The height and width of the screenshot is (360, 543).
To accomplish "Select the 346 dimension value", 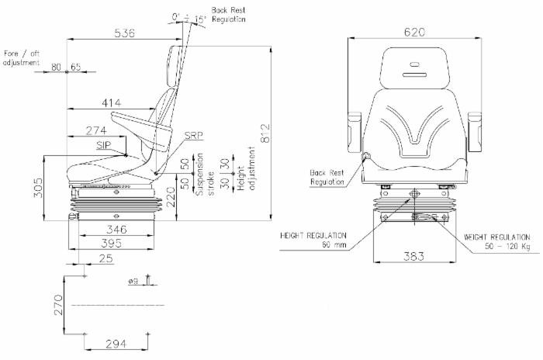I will click(118, 230).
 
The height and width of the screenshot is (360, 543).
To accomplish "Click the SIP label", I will click(102, 145).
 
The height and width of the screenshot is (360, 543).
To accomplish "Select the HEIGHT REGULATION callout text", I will click(313, 240).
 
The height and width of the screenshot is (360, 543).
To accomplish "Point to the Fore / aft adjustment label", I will click(22, 58).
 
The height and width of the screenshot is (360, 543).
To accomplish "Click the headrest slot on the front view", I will click(410, 74).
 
